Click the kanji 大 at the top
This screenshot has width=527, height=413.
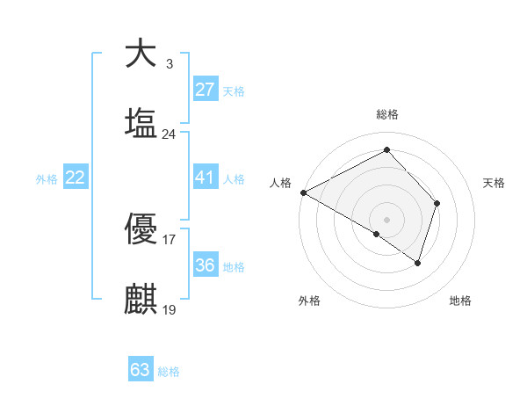pos(141,54)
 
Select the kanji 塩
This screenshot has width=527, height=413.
pos(141,123)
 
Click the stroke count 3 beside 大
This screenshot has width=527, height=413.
pos(169,64)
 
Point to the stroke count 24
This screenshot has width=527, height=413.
pos(169,134)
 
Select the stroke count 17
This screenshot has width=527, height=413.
pos(169,239)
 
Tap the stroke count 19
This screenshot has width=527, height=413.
pos(169,309)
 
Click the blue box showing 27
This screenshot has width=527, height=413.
pos(205,90)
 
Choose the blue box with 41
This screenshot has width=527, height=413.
pos(205,178)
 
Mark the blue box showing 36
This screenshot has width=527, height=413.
pos(205,265)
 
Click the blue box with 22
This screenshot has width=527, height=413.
pos(76,178)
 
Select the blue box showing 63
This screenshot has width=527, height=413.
pos(141,370)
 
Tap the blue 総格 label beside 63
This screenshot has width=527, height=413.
pos(169,372)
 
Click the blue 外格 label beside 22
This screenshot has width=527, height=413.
pos(47,179)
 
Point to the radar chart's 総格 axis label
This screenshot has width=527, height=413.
pos(387,114)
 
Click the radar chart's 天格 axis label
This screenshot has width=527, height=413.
pos(494,183)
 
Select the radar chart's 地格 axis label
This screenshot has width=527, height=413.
pos(460,301)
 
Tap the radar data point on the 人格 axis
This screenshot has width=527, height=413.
pos(303,192)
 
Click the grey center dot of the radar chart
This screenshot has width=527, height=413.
pos(387,219)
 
